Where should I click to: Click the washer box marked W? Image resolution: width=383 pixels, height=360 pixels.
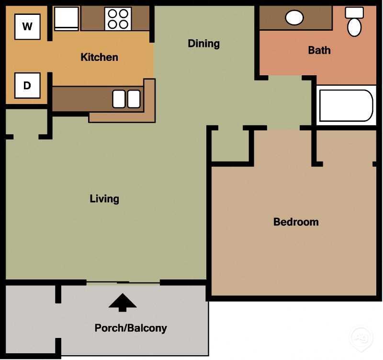(x=27, y=26)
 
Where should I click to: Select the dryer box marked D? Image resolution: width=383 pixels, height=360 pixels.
(x=27, y=85)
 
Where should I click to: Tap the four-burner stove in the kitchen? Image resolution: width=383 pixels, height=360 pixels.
(x=118, y=19)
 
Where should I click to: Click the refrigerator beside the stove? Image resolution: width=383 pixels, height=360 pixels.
(x=66, y=19)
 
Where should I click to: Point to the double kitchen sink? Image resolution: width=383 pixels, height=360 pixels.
(x=126, y=99)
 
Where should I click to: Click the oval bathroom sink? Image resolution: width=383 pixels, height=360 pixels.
(x=294, y=18)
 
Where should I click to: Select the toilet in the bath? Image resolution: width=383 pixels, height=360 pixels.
(x=354, y=22)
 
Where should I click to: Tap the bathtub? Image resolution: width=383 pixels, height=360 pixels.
(x=346, y=105)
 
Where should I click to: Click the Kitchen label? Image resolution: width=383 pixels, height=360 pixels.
(x=99, y=58)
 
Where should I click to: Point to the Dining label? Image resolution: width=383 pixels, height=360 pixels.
(x=203, y=44)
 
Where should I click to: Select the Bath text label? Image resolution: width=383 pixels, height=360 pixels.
(x=319, y=50)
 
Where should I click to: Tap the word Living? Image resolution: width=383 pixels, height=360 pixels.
(x=104, y=198)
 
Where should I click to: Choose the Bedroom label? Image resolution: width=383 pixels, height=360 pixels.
(x=295, y=222)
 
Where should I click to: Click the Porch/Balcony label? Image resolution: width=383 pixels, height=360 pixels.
(x=131, y=328)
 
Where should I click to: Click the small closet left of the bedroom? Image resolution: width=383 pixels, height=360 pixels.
(x=230, y=146)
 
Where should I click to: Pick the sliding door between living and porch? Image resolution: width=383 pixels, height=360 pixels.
(x=123, y=283)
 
